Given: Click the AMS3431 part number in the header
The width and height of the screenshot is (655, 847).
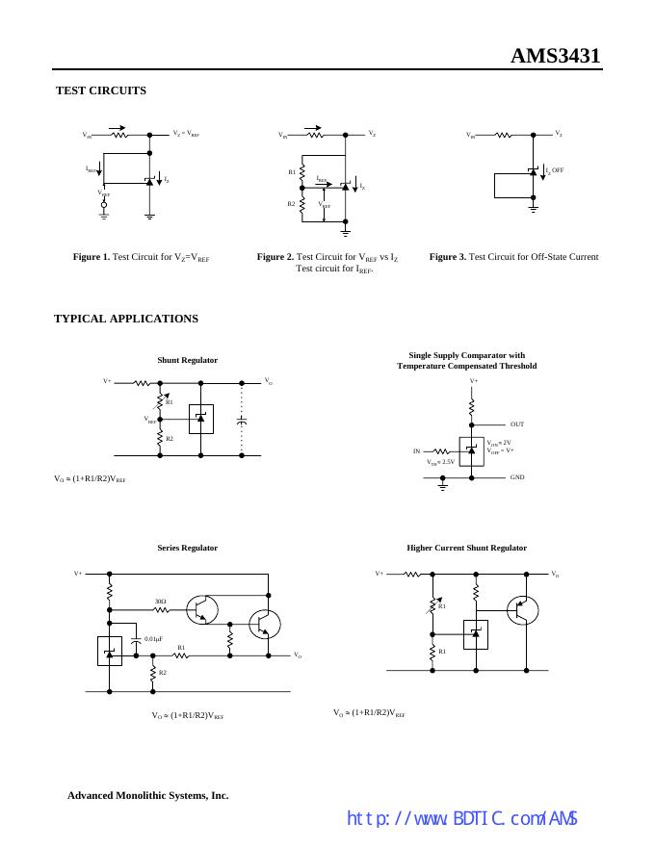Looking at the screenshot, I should [x=555, y=56].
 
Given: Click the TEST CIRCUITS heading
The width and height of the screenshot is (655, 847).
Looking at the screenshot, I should [x=101, y=90].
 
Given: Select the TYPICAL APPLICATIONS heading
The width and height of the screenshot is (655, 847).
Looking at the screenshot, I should [x=126, y=319].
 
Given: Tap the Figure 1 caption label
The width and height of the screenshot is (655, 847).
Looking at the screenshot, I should [x=92, y=257].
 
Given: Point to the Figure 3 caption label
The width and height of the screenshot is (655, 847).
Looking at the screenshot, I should [x=448, y=257].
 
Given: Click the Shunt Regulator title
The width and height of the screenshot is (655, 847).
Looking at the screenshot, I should [x=187, y=360].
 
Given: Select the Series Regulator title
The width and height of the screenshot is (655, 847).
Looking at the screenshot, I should [x=187, y=548].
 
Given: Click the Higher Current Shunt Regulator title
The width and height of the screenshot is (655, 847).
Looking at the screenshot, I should [x=466, y=548].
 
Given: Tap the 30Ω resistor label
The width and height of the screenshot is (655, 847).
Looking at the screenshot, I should [x=161, y=602].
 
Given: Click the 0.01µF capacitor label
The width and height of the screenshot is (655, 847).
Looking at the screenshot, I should [x=153, y=639].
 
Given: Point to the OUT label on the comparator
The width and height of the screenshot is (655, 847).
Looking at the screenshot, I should [x=517, y=424].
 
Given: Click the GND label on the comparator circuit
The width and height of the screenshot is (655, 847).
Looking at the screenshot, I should [x=517, y=477].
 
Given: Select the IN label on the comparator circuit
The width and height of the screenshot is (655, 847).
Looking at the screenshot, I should [x=417, y=450].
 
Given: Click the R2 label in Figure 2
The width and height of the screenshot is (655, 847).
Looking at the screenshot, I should [x=291, y=204].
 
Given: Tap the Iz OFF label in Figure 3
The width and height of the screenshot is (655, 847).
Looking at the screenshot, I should [x=555, y=170].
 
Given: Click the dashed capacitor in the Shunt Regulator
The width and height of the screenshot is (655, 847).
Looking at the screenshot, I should [x=242, y=421].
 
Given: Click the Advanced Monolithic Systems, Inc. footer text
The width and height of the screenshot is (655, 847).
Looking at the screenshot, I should [x=147, y=796].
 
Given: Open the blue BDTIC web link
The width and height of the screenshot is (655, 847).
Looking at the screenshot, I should [x=461, y=819].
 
